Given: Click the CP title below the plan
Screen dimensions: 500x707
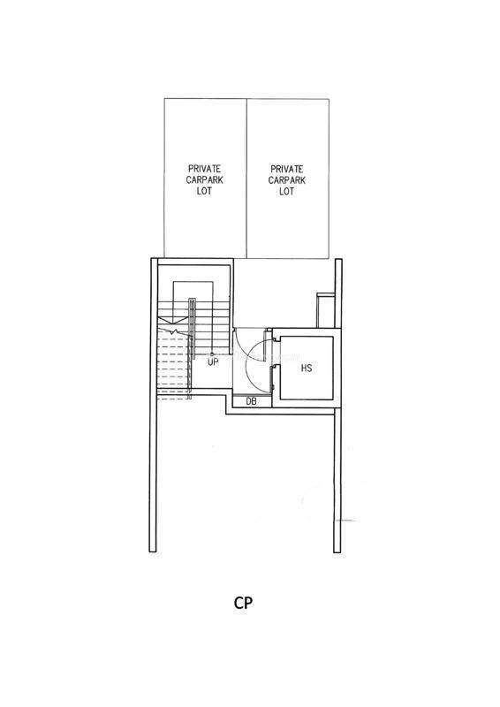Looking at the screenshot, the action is pyautogui.click(x=243, y=603).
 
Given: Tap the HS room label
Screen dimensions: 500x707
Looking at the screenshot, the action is pyautogui.click(x=307, y=368).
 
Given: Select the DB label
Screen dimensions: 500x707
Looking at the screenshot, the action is pyautogui.click(x=252, y=401).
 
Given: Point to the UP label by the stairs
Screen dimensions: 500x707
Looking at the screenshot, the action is pyautogui.click(x=213, y=361).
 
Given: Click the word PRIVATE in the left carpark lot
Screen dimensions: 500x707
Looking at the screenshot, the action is pyautogui.click(x=205, y=169).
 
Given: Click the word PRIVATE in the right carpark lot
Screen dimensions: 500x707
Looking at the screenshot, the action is pyautogui.click(x=287, y=169).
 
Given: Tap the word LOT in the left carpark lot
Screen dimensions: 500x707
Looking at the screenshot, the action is pyautogui.click(x=204, y=191).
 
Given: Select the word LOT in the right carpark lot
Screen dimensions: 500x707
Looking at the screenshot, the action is pyautogui.click(x=287, y=191).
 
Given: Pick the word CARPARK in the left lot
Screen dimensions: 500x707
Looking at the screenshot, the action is pyautogui.click(x=205, y=180).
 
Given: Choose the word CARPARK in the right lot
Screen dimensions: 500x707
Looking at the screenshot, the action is pyautogui.click(x=287, y=180).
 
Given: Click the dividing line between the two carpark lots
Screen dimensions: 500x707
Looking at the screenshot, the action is pyautogui.click(x=246, y=179).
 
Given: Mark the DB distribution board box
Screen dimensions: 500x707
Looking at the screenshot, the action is pyautogui.click(x=252, y=401).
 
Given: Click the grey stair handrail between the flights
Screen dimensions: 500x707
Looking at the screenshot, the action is pyautogui.click(x=192, y=328).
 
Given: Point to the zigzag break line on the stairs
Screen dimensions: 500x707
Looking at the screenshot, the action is pyautogui.click(x=175, y=331).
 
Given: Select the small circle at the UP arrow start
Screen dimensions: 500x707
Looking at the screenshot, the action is pyautogui.click(x=212, y=354).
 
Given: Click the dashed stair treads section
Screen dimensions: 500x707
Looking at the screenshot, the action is pyautogui.click(x=174, y=364).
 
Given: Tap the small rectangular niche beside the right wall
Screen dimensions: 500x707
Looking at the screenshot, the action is pyautogui.click(x=325, y=310).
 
